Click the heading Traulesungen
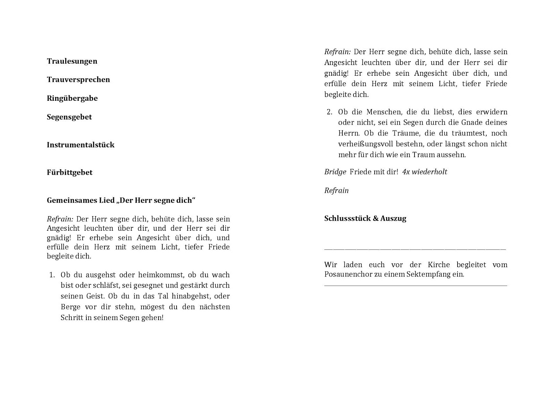[72, 61]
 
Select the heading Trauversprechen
[78, 80]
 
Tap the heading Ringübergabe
[72, 98]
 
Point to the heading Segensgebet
[69, 117]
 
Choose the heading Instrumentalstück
[80, 145]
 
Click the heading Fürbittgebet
[70, 173]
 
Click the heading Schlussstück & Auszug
[365, 219]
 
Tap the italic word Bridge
[335, 172]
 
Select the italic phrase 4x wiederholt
[425, 172]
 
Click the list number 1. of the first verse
[52, 275]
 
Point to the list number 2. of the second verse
[330, 112]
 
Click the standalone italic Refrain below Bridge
[336, 191]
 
